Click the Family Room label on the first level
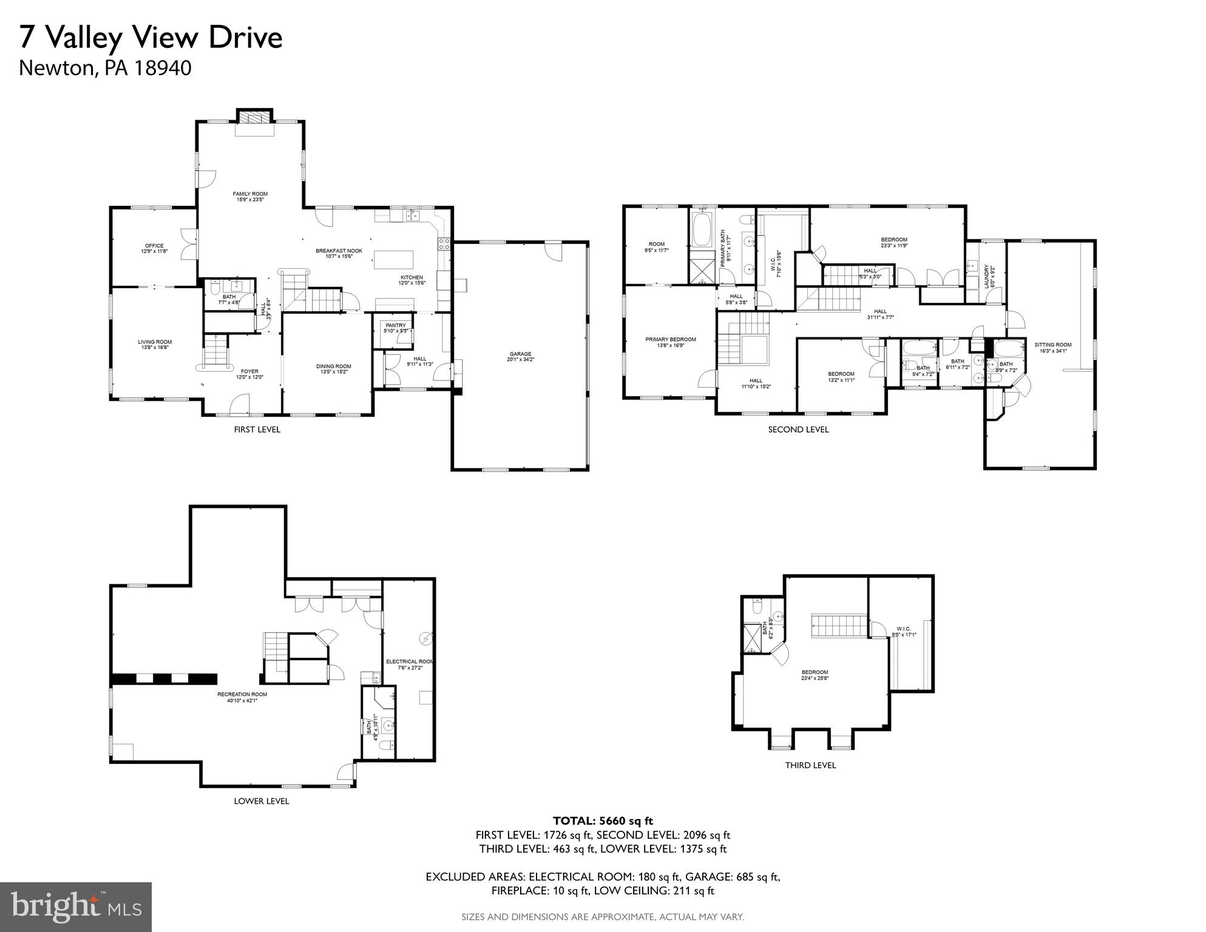tap(250, 197)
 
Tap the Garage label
tap(520, 356)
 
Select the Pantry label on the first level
tap(396, 328)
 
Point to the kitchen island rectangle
tap(394, 260)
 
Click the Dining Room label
tap(334, 369)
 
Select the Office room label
tap(154, 248)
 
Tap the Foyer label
tap(249, 374)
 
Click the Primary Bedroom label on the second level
tap(671, 342)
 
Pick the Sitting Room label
tap(1053, 347)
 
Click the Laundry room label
tap(987, 276)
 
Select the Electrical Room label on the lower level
tap(410, 664)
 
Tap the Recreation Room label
tap(242, 697)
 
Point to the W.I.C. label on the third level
tap(904, 631)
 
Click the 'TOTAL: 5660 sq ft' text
tap(603, 821)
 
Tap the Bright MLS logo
tap(76, 907)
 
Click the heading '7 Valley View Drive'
tap(151, 38)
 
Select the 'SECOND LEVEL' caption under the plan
tap(798, 430)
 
